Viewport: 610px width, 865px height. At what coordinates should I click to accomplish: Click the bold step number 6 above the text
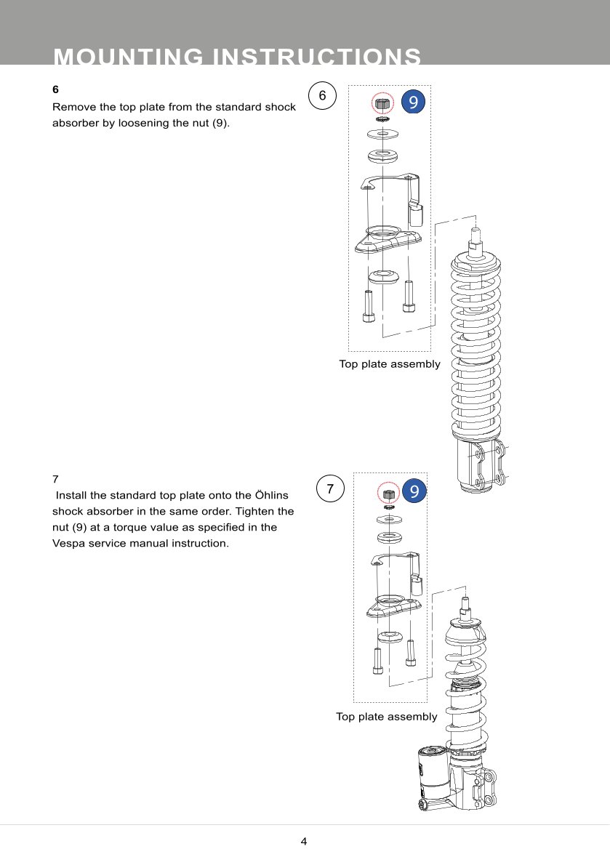click(x=55, y=89)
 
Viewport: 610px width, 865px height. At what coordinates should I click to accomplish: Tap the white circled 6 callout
click(x=322, y=95)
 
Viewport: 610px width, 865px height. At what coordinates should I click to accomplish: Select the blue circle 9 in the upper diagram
click(x=413, y=102)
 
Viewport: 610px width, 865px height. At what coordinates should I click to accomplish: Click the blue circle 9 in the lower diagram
click(x=414, y=491)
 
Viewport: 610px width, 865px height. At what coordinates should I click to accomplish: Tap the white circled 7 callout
click(x=330, y=488)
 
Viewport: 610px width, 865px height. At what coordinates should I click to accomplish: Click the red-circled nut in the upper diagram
click(x=382, y=103)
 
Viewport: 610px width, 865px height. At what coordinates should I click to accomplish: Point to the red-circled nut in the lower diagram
click(x=389, y=493)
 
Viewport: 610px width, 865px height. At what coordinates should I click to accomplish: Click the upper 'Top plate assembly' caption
click(x=390, y=364)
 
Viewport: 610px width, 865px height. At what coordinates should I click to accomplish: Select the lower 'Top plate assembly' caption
click(x=387, y=717)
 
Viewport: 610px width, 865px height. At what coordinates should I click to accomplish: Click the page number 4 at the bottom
click(x=304, y=841)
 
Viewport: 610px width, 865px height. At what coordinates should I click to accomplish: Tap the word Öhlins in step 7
click(x=271, y=495)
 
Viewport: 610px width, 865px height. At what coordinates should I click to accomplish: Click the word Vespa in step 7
click(x=69, y=543)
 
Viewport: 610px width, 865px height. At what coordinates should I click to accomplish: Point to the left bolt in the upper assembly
click(x=369, y=306)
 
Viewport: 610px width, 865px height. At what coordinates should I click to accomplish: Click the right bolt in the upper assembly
click(x=409, y=297)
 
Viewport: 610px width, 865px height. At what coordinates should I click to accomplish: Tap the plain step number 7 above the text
click(x=55, y=479)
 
